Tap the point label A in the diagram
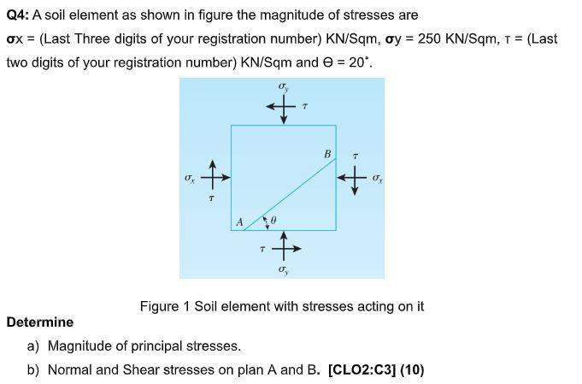(x=239, y=222)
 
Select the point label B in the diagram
(x=326, y=154)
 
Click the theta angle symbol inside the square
(x=273, y=222)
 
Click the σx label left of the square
(x=191, y=180)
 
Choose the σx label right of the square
(x=376, y=179)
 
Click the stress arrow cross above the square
(x=283, y=107)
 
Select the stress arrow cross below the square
(x=284, y=248)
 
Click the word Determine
(x=39, y=322)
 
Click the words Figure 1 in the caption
(x=165, y=306)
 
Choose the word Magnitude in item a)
(x=82, y=346)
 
